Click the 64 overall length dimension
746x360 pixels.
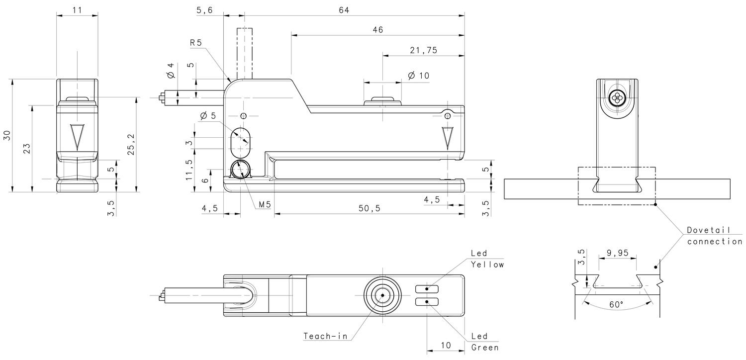[x=344, y=10]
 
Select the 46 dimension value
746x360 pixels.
[x=377, y=30]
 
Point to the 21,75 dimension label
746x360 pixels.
[x=423, y=50]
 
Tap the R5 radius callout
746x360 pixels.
[x=196, y=43]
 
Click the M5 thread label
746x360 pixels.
[x=265, y=205]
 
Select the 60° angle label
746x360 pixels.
[x=616, y=304]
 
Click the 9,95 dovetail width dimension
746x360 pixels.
[x=617, y=253]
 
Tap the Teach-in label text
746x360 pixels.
[x=325, y=336]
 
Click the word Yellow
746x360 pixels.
[x=487, y=265]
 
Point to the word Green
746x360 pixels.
[x=485, y=348]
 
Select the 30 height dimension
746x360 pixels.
[x=7, y=135]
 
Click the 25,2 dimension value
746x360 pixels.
[x=130, y=145]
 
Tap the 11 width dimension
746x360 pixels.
[x=77, y=10]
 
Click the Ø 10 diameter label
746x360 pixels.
[x=418, y=76]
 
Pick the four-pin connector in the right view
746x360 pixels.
[x=617, y=97]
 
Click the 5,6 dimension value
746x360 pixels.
[x=204, y=10]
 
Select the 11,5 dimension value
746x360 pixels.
[x=189, y=169]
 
